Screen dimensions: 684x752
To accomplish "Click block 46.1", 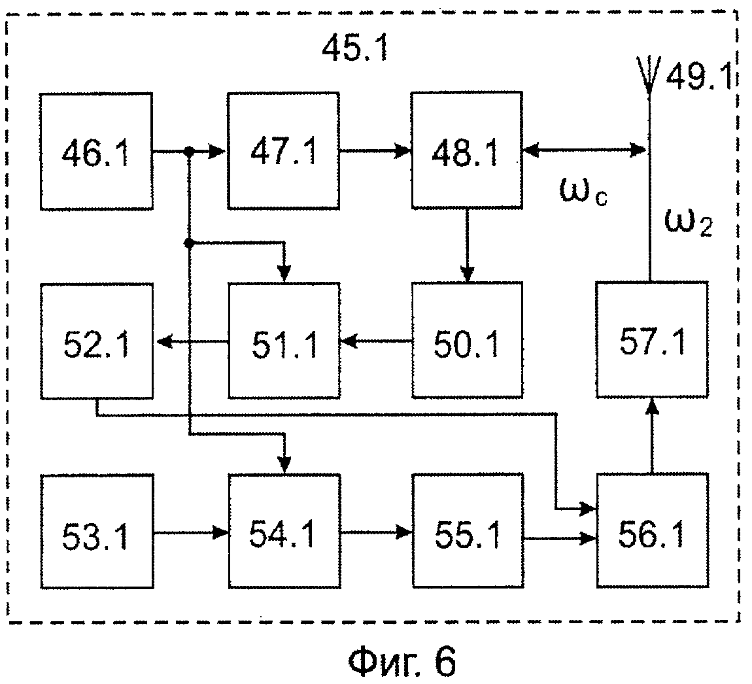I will coord(96,151).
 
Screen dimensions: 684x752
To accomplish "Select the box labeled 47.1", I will coord(283,151).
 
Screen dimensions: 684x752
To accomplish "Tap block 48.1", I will coord(467,151).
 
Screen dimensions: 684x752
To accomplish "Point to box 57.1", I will coord(651,340).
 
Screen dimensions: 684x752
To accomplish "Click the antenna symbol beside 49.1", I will coord(648,75).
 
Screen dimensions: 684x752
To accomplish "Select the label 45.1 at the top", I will coord(354,49).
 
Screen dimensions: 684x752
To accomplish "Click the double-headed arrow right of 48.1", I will coord(585,151).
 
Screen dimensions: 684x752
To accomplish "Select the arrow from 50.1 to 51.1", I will coord(376,340).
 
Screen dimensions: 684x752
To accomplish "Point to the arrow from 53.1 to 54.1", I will coord(190,532).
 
